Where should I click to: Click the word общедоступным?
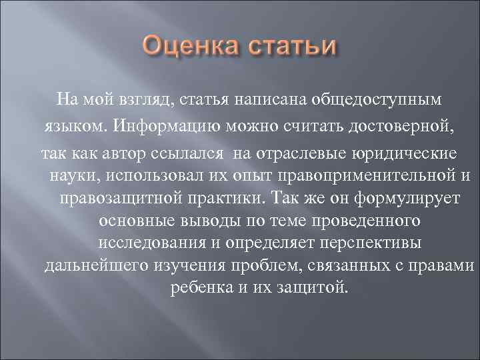click(381, 100)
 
